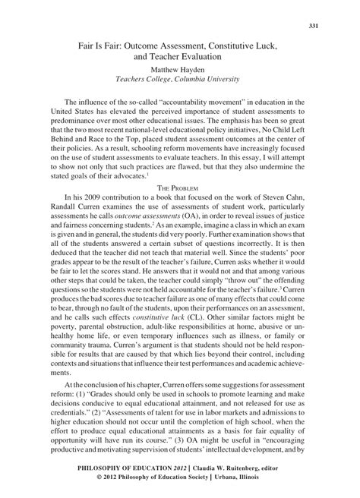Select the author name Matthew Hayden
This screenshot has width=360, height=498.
pyautogui.click(x=179, y=68)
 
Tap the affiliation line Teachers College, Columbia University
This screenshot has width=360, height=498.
pyautogui.click(x=179, y=78)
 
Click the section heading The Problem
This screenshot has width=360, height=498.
pyautogui.click(x=179, y=187)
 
